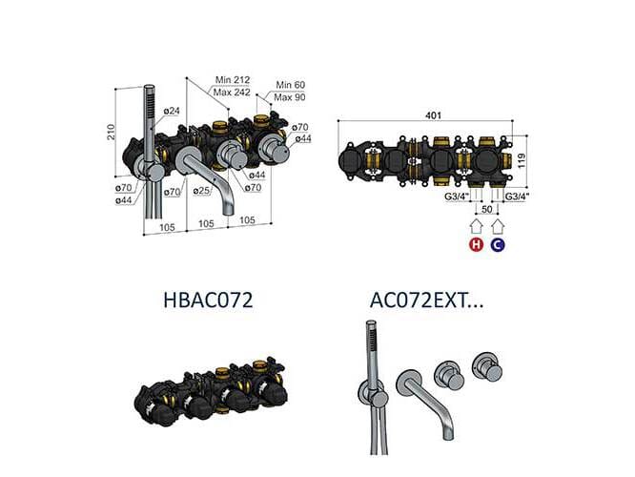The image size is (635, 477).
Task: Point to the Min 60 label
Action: [292, 85]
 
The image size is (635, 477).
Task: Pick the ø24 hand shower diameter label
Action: [173, 112]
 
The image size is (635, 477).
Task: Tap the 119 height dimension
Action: [522, 162]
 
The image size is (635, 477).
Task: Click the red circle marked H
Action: [475, 245]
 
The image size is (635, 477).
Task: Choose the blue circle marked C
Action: [498, 245]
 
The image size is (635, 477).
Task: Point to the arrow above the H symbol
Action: [475, 226]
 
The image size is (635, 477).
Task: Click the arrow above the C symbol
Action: [498, 226]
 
